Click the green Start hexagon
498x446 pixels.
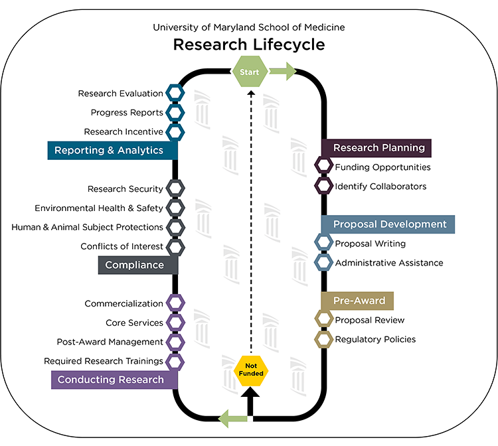[x=250, y=72]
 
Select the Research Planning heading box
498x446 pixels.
[x=376, y=148]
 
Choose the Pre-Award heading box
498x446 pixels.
[x=358, y=301]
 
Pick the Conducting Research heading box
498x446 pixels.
[x=114, y=380]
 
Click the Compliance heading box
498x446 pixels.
[x=138, y=265]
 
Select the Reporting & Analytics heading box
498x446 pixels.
[x=113, y=151]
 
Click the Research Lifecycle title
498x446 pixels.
[x=249, y=45]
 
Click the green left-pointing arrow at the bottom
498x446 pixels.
[x=232, y=418]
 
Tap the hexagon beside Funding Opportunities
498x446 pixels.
[x=323, y=167]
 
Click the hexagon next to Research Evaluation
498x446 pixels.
[x=175, y=94]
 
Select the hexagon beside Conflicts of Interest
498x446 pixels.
[x=175, y=246]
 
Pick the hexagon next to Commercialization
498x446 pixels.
[x=175, y=303]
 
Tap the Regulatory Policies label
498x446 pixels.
[x=375, y=339]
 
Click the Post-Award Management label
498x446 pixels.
[x=110, y=342]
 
